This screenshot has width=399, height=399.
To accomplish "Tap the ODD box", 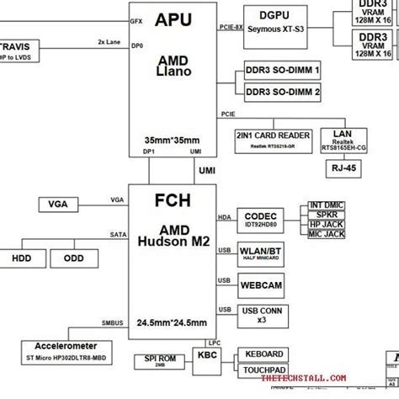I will [73, 258].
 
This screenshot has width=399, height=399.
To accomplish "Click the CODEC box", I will [263, 220].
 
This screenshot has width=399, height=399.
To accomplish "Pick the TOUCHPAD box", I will [263, 370].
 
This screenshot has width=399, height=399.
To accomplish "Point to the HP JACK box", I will [327, 224].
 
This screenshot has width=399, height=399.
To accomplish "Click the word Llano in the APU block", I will [180, 72].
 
